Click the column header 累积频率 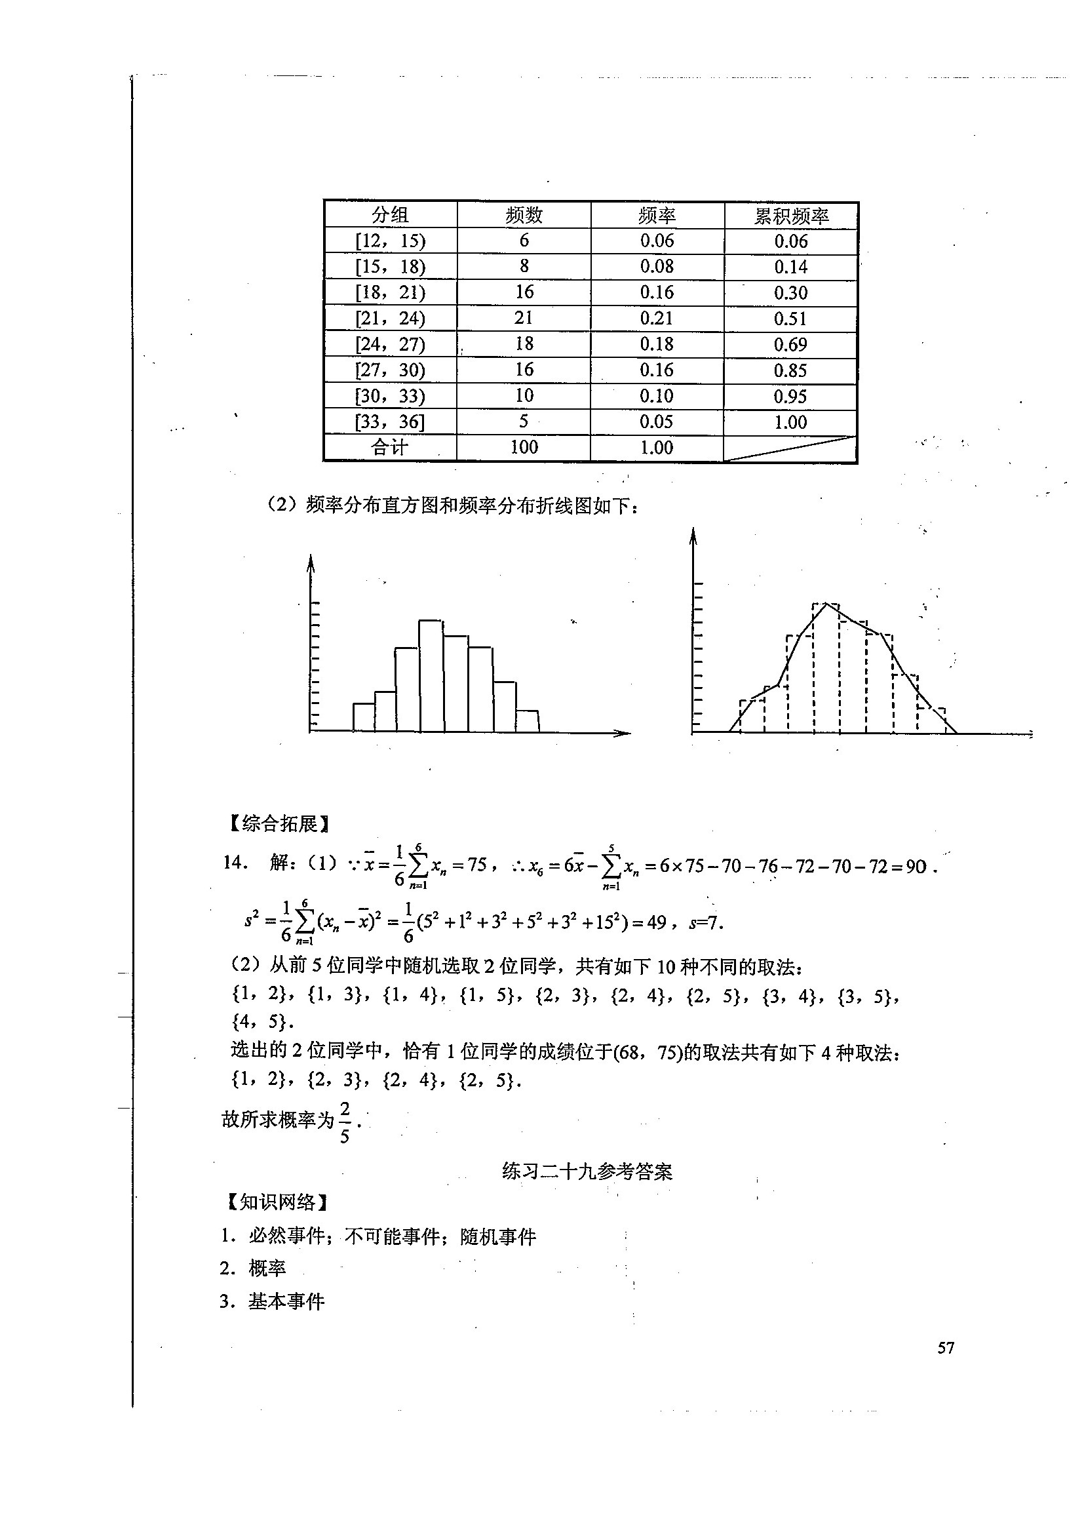click(x=791, y=216)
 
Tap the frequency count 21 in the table click(x=524, y=318)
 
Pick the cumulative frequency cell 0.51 click(x=791, y=319)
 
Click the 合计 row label click(x=389, y=448)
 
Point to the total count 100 click(x=524, y=448)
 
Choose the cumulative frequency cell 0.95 click(x=791, y=396)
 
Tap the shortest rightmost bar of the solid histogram click(x=528, y=721)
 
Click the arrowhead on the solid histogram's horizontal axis click(x=624, y=733)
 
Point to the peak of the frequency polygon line click(x=827, y=604)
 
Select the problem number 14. click(x=236, y=863)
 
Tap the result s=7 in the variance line click(x=705, y=922)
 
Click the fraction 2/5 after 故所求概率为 click(x=345, y=1122)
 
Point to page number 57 click(x=946, y=1348)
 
